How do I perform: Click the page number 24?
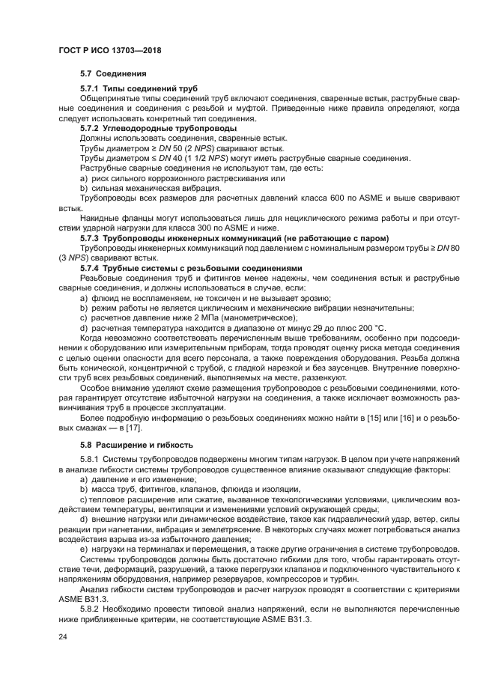point(63,636)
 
